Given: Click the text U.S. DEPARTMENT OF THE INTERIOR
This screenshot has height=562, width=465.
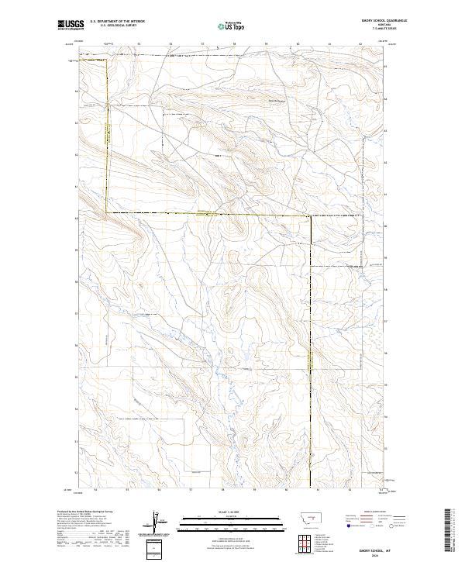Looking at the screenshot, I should [117, 22].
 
